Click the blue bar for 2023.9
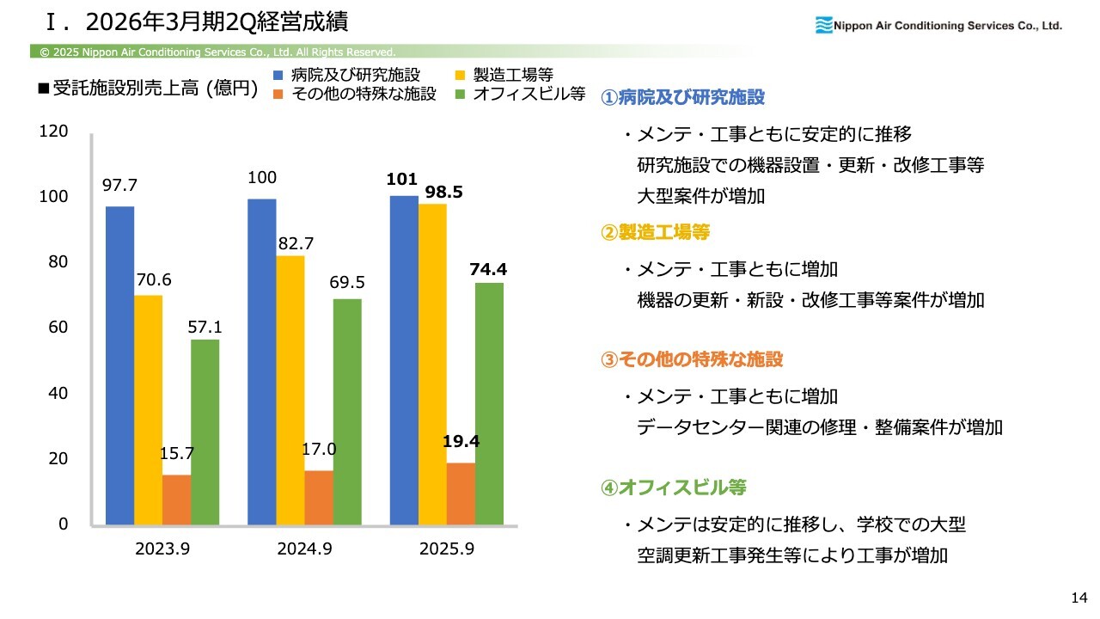pyautogui.click(x=119, y=365)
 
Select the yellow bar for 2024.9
pyautogui.click(x=290, y=390)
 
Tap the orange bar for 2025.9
pyautogui.click(x=461, y=493)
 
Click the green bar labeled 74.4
pyautogui.click(x=489, y=403)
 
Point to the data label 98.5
pyautogui.click(x=444, y=193)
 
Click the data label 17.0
pyautogui.click(x=319, y=449)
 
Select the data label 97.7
pyautogui.click(x=120, y=185)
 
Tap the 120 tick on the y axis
pyautogui.click(x=53, y=132)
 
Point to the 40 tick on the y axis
pyautogui.click(x=57, y=394)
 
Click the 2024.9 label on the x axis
pyautogui.click(x=304, y=549)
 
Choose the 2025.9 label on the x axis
pyautogui.click(x=447, y=549)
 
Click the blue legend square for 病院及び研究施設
pyautogui.click(x=278, y=75)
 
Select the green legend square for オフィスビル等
pyautogui.click(x=461, y=94)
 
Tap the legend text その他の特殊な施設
pyautogui.click(x=364, y=94)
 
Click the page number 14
pyautogui.click(x=1079, y=598)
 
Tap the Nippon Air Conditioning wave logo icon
pyautogui.click(x=823, y=26)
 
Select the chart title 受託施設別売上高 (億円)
pyautogui.click(x=155, y=89)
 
